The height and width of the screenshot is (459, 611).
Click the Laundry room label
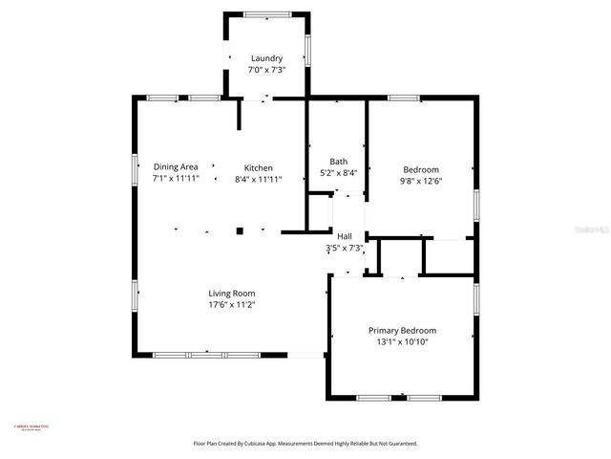pos(266,58)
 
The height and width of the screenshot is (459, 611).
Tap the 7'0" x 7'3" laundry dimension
pos(266,70)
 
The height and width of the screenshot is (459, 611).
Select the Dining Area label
pos(176,166)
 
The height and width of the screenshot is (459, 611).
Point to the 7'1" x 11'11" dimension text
pos(176,179)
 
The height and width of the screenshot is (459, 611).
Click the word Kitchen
pos(258,166)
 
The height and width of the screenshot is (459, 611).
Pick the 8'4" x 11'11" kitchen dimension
pos(258,179)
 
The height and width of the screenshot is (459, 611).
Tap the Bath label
pos(339,161)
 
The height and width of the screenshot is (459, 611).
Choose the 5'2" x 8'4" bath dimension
pos(339,173)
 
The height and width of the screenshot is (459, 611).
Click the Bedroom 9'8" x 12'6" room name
pos(420,168)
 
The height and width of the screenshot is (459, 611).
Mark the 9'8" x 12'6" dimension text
pos(420,181)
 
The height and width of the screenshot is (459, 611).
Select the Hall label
pos(344,236)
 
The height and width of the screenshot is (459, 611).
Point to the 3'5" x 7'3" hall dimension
pos(344,249)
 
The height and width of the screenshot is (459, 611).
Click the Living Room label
pos(232,293)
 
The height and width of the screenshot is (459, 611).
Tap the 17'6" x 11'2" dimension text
pos(232,305)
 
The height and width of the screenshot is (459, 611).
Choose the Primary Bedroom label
pos(401,330)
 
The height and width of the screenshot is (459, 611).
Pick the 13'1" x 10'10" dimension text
pos(401,342)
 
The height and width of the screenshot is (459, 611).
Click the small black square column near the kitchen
pos(240,230)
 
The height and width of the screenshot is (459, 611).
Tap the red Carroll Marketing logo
pos(32,427)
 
